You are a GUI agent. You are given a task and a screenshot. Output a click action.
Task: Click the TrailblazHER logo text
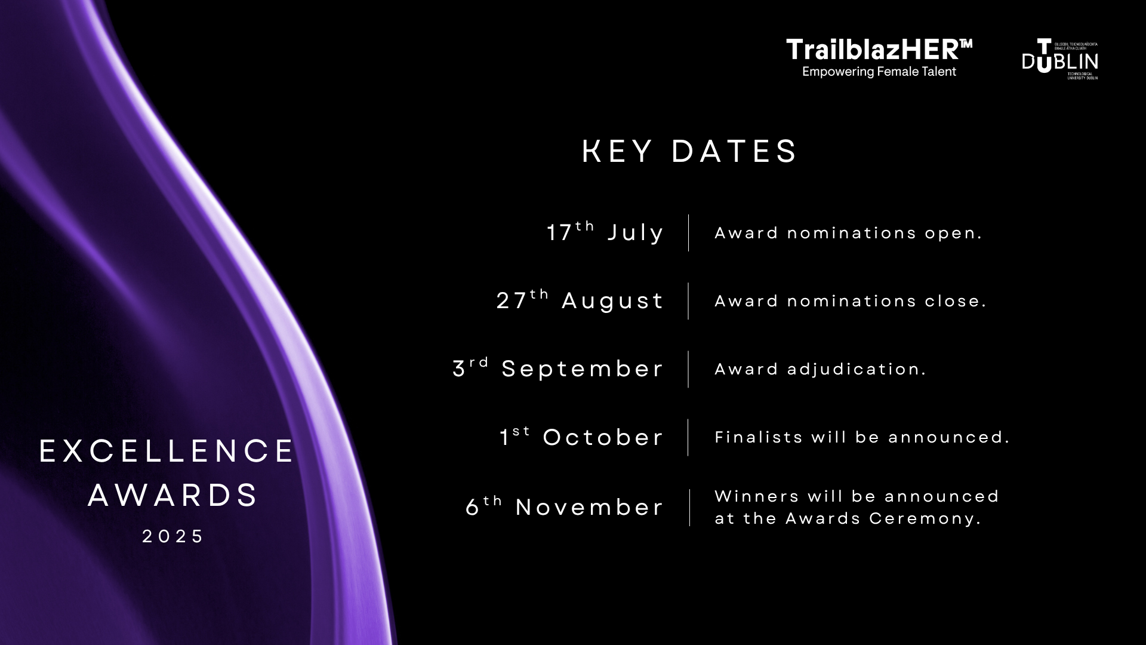coord(879,50)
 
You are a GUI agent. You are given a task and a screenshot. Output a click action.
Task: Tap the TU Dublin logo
coord(1059,60)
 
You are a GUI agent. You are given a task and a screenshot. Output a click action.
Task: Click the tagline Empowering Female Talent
coord(879,72)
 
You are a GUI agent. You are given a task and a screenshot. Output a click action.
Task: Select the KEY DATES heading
coord(689,151)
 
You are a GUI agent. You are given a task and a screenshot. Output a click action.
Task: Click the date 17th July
coord(605,232)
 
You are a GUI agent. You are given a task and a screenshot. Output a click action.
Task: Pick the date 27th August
coord(580,300)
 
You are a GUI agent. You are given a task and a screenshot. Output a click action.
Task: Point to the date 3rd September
coord(558,368)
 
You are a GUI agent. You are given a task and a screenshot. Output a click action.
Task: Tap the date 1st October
coord(581,437)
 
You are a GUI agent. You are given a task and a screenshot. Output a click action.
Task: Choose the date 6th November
coord(565,507)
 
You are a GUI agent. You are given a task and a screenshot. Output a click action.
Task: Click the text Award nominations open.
coord(848,233)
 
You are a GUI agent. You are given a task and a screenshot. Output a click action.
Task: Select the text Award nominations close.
coord(851,301)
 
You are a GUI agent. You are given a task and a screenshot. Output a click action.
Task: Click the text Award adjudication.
coord(820,369)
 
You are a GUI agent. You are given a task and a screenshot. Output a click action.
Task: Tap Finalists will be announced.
coord(862,437)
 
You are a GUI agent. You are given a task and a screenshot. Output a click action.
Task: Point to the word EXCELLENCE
coord(167,451)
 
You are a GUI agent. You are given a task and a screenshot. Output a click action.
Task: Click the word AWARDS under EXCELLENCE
coord(173,496)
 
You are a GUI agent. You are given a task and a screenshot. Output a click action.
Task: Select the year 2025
coord(173,536)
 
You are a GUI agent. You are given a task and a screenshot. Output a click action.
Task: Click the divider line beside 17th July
coord(688,233)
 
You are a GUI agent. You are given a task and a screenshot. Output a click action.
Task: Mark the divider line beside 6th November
coord(689,507)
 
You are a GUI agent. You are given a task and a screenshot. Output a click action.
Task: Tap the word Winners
coord(756,496)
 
